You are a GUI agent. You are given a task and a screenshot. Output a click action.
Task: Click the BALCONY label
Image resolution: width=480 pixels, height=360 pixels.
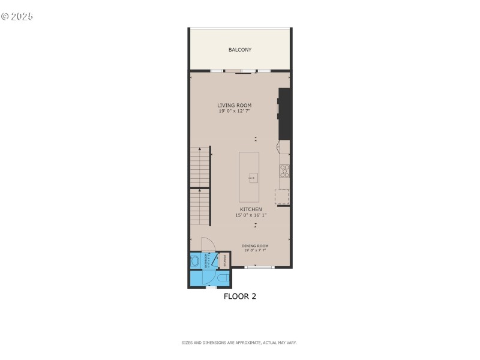240,49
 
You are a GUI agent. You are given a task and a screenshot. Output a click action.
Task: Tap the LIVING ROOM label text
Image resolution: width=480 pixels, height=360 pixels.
234,106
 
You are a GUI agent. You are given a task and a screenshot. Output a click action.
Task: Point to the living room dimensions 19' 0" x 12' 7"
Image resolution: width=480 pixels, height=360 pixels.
234,111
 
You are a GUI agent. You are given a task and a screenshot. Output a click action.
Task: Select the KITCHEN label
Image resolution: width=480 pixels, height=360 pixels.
251,209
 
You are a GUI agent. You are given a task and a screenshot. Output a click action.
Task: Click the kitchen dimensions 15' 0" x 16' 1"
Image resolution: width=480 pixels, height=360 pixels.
251,215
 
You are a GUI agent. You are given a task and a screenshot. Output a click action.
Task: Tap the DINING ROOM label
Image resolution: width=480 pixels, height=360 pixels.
255,246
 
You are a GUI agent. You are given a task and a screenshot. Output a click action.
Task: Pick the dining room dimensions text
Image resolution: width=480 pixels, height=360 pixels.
255,250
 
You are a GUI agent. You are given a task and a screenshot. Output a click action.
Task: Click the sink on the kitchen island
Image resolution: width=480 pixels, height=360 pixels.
253,178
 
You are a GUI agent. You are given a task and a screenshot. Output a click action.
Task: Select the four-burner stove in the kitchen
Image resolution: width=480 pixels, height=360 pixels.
285,171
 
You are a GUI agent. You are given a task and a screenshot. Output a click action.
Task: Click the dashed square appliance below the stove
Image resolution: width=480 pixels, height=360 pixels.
281,197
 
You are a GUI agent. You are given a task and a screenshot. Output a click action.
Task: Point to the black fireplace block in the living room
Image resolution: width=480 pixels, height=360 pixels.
284,114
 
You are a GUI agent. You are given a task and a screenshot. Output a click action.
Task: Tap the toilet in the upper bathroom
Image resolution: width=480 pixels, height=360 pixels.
196,261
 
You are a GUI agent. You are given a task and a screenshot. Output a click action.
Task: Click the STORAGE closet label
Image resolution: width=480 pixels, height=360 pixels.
225,260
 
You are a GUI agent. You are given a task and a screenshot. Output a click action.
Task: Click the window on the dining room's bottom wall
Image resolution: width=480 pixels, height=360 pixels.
259,267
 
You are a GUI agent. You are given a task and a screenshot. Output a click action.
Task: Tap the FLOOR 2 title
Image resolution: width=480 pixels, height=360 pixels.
240,296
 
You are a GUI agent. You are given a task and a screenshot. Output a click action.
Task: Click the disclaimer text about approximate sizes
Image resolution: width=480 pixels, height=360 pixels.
239,343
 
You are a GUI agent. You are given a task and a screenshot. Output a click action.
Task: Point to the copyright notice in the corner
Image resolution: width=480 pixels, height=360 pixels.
17,16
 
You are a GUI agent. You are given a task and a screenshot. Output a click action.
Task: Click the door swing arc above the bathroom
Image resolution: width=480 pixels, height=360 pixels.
208,244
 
